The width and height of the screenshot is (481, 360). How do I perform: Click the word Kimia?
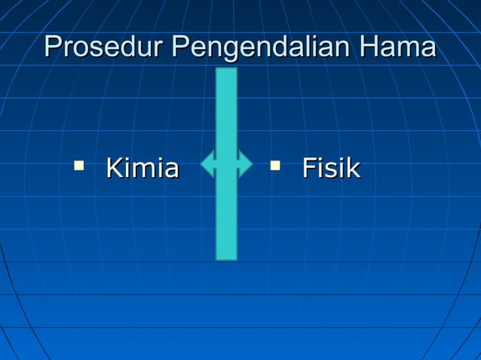142,168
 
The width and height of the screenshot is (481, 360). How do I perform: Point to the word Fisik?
331,168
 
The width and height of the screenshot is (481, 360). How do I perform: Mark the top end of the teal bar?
226,71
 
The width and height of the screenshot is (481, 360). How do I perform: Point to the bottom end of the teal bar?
226,258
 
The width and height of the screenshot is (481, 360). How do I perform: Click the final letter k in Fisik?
353,168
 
